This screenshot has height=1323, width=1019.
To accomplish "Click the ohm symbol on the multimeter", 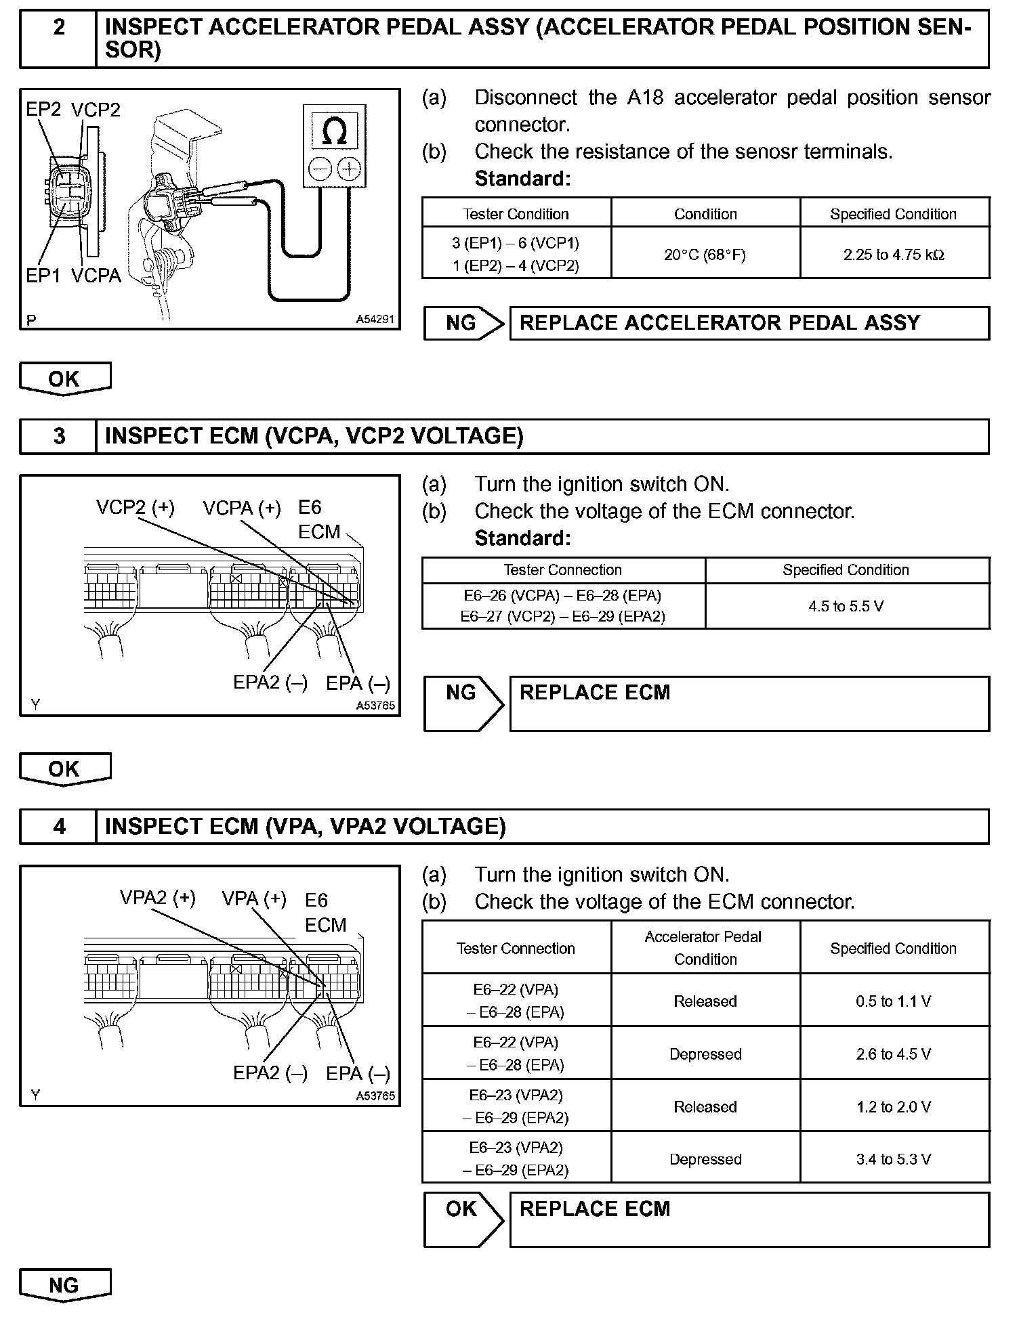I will pyautogui.click(x=334, y=131).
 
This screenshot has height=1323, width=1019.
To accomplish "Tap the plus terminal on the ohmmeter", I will pyautogui.click(x=350, y=168).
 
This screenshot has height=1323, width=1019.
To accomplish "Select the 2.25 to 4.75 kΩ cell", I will pyautogui.click(x=894, y=255).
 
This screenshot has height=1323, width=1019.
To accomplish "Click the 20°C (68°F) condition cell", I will pyautogui.click(x=705, y=255).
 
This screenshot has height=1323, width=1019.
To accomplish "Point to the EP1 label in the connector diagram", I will pyautogui.click(x=43, y=276).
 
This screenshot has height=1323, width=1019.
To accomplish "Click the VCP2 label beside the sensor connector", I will pyautogui.click(x=96, y=110).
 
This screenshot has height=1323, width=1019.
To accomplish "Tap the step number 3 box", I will pyautogui.click(x=59, y=436).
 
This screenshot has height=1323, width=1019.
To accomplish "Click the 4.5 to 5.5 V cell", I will pyautogui.click(x=846, y=606).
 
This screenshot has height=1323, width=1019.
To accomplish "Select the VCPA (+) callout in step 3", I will pyautogui.click(x=241, y=508).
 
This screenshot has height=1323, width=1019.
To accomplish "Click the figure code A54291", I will pyautogui.click(x=375, y=320).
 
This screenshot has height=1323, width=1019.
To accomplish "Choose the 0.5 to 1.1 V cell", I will pyautogui.click(x=894, y=1001).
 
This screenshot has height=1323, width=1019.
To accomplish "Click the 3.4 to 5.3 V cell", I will pyautogui.click(x=894, y=1159).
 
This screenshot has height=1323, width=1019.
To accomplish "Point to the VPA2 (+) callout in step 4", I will pyautogui.click(x=157, y=898).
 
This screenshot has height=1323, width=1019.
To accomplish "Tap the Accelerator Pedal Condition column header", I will pyautogui.click(x=705, y=948).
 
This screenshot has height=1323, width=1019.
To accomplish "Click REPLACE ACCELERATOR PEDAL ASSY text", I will pyautogui.click(x=720, y=323).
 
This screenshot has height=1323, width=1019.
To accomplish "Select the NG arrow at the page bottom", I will pyautogui.click(x=64, y=1285).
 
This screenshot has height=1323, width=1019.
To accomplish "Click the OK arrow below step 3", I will pyautogui.click(x=64, y=769).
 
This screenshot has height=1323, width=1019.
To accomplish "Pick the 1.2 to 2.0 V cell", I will pyautogui.click(x=894, y=1106).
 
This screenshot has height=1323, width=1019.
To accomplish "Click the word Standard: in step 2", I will pyautogui.click(x=522, y=179).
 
